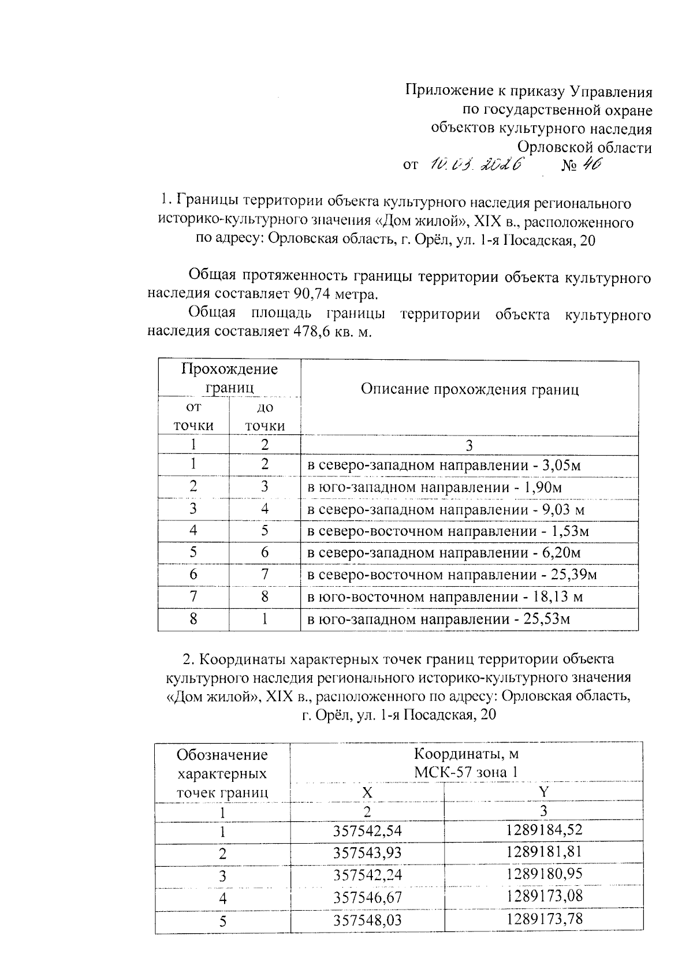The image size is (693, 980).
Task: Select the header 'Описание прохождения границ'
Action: pos(470,389)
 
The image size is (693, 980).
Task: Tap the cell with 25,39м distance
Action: pos(452,575)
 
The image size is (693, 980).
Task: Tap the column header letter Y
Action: pos(543,791)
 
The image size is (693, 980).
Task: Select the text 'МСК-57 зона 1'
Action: pos(466,772)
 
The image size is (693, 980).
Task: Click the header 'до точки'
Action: pos(264,416)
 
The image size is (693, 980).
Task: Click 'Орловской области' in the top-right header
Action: pos(584,147)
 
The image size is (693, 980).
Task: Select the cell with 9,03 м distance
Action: pos(446,509)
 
